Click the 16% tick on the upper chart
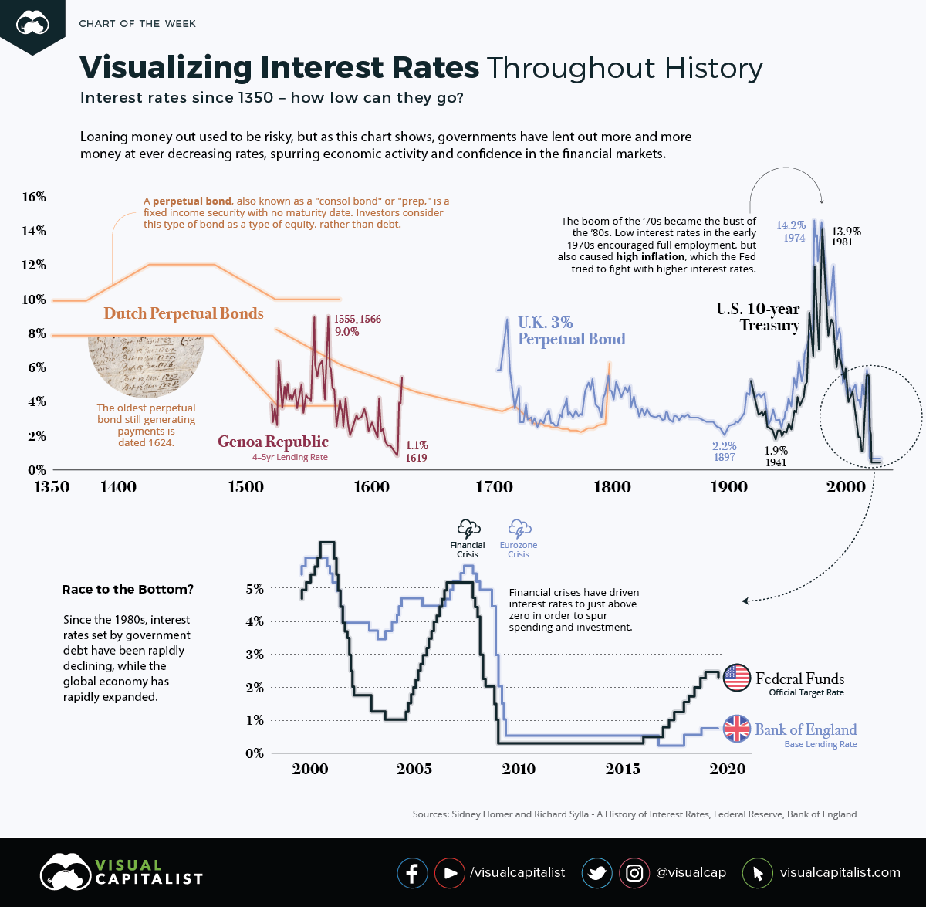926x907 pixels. [x=34, y=197]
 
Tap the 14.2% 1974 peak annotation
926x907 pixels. [x=791, y=232]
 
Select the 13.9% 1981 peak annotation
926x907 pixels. [x=846, y=236]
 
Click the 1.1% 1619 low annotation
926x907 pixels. [x=416, y=452]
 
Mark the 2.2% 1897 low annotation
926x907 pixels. [x=724, y=452]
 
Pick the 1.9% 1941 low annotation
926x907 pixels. [x=776, y=456]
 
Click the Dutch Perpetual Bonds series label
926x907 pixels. [x=184, y=313]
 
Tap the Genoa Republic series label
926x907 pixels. [x=273, y=442]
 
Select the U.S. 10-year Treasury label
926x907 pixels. [x=758, y=316]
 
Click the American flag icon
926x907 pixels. [x=737, y=678]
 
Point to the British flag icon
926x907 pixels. [x=737, y=729]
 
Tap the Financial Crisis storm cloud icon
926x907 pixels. [x=468, y=529]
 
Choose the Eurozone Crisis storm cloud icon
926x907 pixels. [x=519, y=529]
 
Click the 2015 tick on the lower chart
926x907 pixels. [x=623, y=769]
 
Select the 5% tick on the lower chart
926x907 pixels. [x=255, y=589]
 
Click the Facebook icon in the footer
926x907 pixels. [x=412, y=873]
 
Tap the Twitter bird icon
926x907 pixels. [x=596, y=873]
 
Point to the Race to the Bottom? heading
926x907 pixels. [x=127, y=590]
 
